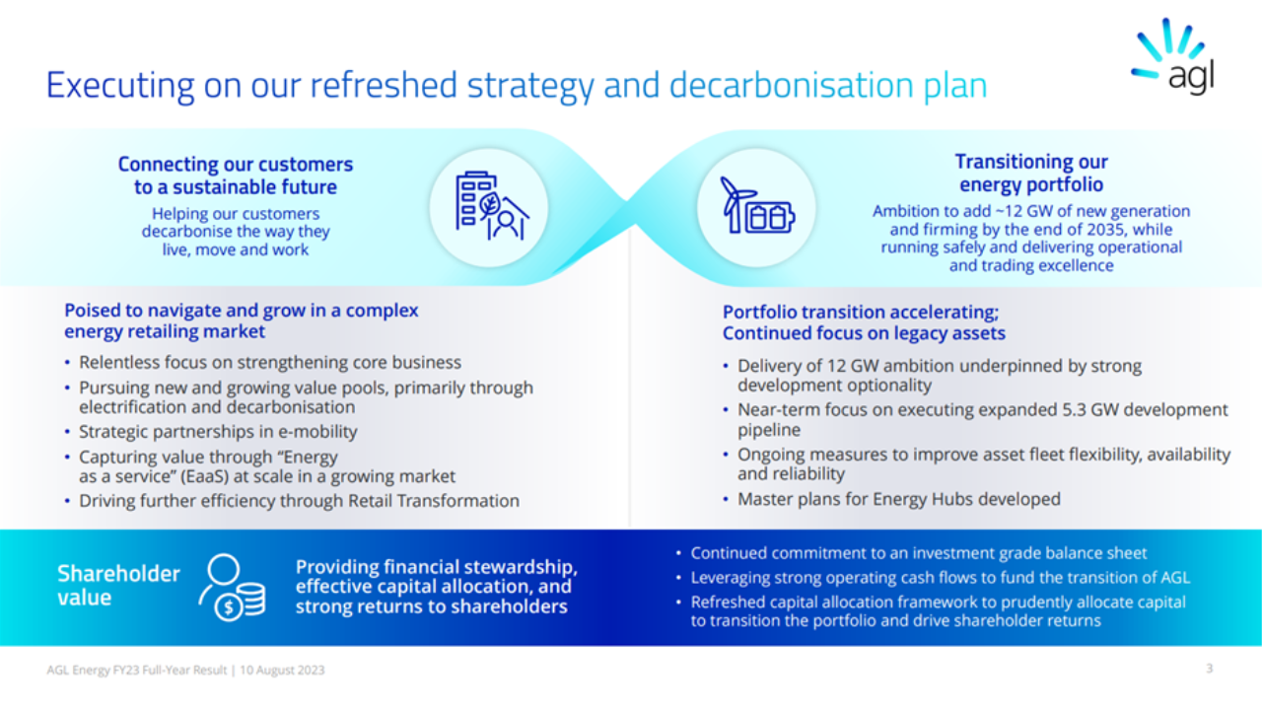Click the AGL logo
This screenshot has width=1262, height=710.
1173,56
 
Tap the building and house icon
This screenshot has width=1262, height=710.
492,206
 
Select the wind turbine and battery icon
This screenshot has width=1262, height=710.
757,205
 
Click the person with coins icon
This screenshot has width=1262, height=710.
232,587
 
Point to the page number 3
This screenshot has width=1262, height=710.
1209,669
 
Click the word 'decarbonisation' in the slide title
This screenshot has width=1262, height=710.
791,86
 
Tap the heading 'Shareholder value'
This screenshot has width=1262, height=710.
118,585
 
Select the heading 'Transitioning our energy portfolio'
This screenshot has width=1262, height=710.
1031,173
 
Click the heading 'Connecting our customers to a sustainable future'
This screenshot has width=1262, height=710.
236,176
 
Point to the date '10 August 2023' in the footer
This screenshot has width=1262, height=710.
282,670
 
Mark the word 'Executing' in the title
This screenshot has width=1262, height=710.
120,86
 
